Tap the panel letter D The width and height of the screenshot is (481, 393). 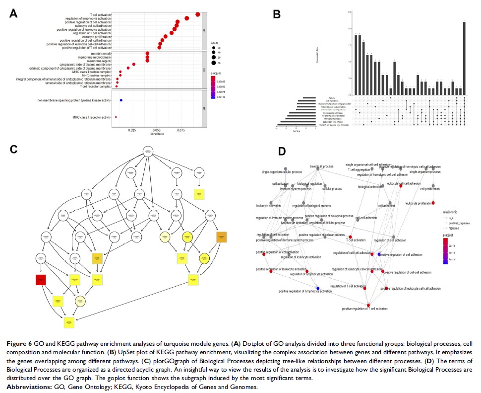coord(282,151)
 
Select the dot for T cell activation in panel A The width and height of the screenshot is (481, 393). coord(198,14)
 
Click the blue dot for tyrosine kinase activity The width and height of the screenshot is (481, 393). coord(121,100)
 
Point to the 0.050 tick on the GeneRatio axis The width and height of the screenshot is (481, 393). coord(156,130)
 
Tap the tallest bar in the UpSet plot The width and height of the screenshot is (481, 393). coord(464,59)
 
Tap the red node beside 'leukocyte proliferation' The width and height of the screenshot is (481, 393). coord(433,203)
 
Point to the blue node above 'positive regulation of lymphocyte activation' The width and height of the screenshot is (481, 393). coord(318,288)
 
